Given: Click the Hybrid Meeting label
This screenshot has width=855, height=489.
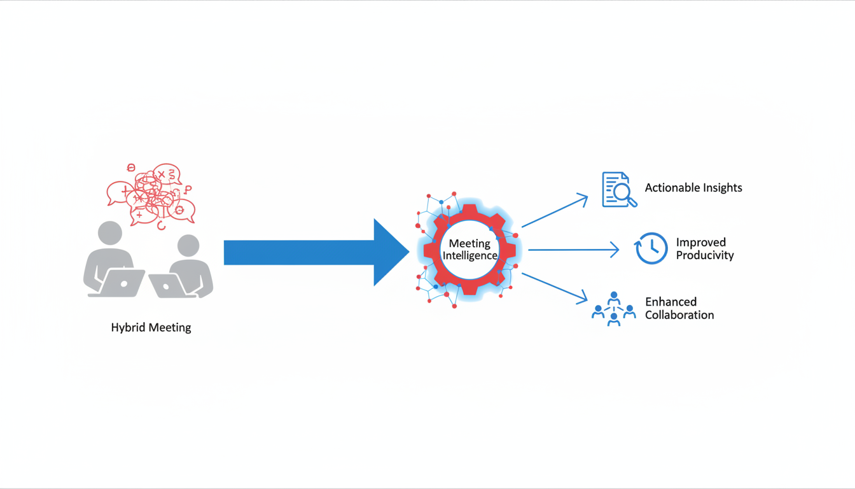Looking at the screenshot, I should [x=151, y=328].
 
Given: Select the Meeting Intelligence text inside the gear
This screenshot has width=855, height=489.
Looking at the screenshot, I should [x=470, y=250].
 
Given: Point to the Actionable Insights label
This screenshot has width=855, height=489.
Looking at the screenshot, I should [x=693, y=188].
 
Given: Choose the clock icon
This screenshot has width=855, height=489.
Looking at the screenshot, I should [x=651, y=248].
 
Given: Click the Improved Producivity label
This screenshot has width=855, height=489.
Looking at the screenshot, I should [x=705, y=249].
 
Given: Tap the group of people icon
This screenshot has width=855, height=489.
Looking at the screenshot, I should [x=613, y=309].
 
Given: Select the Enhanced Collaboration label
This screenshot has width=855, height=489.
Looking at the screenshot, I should [x=679, y=308].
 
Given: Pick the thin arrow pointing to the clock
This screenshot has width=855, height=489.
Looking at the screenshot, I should [x=573, y=250].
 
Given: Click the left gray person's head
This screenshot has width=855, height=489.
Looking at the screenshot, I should [x=110, y=233].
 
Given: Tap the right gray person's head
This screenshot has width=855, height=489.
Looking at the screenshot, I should [x=188, y=246].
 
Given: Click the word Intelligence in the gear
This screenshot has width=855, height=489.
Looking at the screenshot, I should [x=470, y=256].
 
